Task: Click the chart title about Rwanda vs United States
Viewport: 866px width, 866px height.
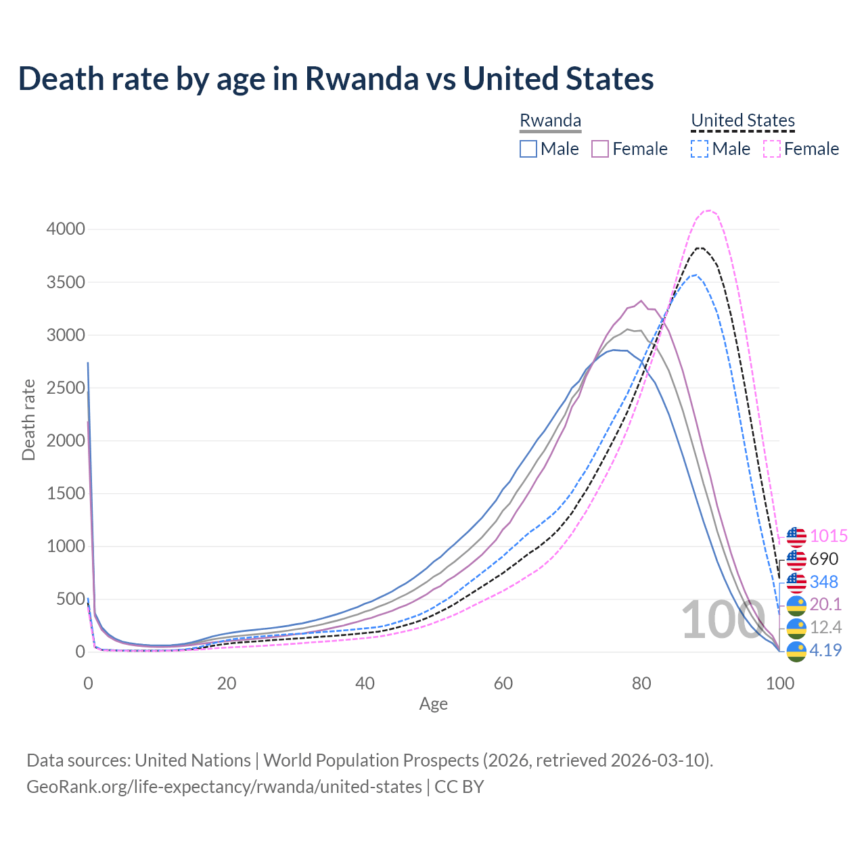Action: pyautogui.click(x=336, y=78)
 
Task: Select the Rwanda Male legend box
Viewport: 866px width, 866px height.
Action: pyautogui.click(x=528, y=149)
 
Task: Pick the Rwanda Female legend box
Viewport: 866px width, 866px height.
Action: pyautogui.click(x=601, y=149)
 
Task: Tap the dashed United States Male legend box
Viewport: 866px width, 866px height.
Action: pyautogui.click(x=700, y=149)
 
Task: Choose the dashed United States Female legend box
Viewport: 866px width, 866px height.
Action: pyautogui.click(x=772, y=149)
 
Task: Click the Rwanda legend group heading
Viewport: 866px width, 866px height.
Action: pyautogui.click(x=550, y=120)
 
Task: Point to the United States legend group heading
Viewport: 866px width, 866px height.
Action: pyautogui.click(x=743, y=120)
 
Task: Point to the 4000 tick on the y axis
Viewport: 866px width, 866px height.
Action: pyautogui.click(x=66, y=229)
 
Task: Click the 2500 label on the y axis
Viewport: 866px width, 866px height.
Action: pyautogui.click(x=66, y=388)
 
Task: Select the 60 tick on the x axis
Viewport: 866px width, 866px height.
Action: pyautogui.click(x=503, y=683)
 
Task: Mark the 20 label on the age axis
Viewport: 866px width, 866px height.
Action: pyautogui.click(x=227, y=683)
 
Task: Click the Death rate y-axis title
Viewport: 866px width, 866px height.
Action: pyautogui.click(x=28, y=419)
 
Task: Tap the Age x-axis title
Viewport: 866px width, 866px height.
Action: pyautogui.click(x=433, y=704)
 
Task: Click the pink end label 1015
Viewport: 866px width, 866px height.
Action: pyautogui.click(x=828, y=537)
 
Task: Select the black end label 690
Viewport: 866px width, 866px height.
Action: pyautogui.click(x=823, y=560)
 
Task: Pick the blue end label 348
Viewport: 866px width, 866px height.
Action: pyautogui.click(x=823, y=582)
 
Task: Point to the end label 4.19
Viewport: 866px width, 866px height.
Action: pyautogui.click(x=825, y=651)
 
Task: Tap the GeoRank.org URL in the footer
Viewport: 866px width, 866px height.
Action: pyautogui.click(x=224, y=787)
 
